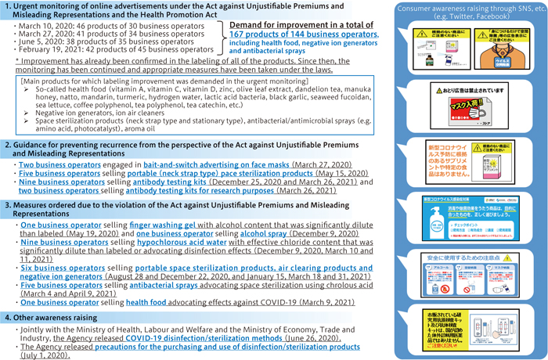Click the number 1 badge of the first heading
(x=7, y=7)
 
